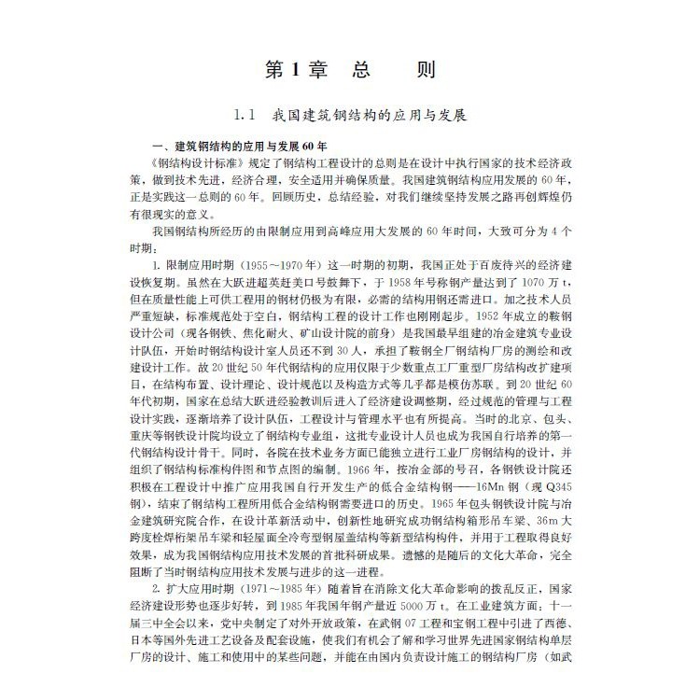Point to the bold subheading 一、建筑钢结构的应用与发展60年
pos(241,147)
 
